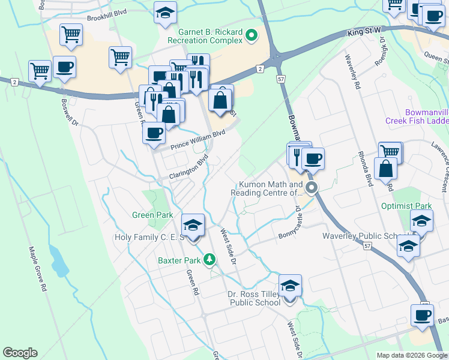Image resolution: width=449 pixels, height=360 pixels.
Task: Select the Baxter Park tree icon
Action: click(209, 260)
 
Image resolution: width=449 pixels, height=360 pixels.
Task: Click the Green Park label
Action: click(152, 215)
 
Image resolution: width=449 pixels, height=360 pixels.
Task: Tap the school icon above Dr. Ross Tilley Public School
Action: click(290, 286)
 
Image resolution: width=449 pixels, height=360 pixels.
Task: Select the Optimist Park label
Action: click(406, 206)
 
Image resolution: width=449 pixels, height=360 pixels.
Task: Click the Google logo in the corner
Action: click(20, 353)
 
